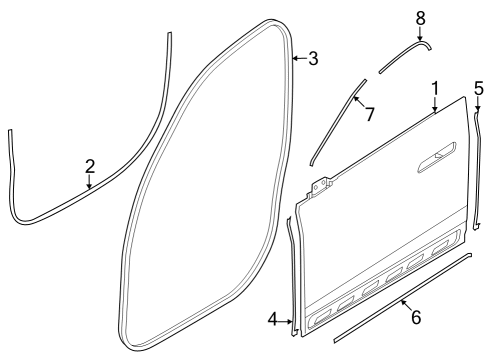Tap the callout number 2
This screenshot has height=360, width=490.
(89, 166)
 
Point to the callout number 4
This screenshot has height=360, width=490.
(272, 320)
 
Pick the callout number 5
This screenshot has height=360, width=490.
(478, 87)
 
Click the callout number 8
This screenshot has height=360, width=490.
(420, 17)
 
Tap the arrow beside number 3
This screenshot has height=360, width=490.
(298, 59)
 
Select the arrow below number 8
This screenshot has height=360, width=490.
(420, 34)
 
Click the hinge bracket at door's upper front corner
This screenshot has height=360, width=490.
(322, 186)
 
